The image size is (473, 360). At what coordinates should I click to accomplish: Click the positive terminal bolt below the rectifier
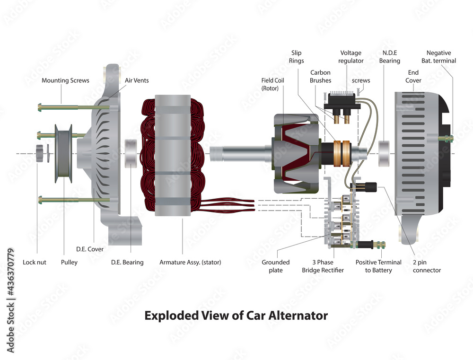click(372, 245)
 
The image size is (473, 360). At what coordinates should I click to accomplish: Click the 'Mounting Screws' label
click(65, 80)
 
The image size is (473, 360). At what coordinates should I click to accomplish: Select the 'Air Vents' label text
click(137, 80)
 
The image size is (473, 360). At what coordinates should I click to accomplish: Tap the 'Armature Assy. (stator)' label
click(190, 262)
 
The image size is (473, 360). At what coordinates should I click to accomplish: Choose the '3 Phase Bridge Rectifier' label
click(323, 266)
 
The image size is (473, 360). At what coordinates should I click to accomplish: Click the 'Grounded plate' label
click(275, 266)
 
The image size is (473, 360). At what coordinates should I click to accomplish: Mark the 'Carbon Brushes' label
click(320, 77)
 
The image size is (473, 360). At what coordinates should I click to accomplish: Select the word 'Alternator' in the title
click(297, 315)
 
